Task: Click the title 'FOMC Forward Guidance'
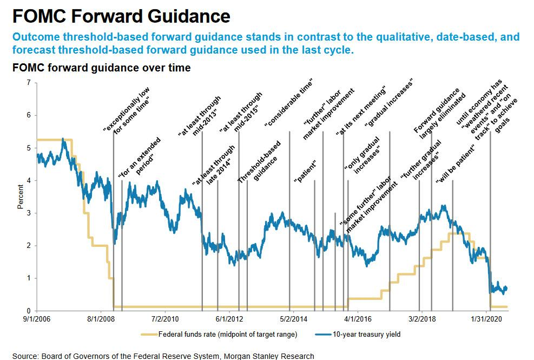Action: [x=121, y=16]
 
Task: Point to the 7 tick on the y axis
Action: [x=29, y=83]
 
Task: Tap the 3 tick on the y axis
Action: [x=29, y=213]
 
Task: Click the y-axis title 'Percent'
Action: [x=20, y=197]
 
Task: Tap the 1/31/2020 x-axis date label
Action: [x=486, y=319]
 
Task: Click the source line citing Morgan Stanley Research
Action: [x=163, y=356]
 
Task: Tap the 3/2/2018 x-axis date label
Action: [x=421, y=319]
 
